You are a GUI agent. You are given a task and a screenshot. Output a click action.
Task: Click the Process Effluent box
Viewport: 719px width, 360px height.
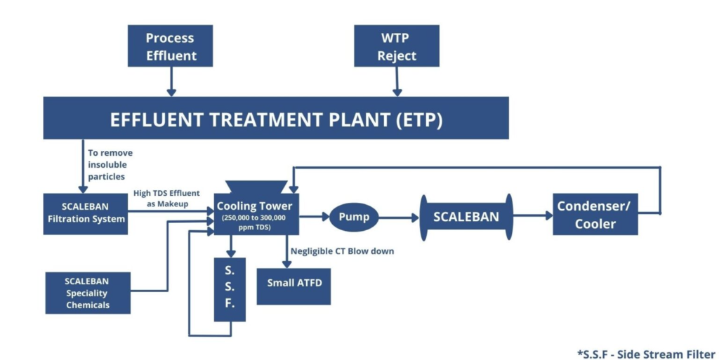click(x=170, y=46)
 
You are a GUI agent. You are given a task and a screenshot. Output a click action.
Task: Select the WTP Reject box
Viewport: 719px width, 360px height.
click(x=397, y=46)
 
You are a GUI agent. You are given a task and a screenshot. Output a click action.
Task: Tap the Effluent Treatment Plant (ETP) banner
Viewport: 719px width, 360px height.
click(x=276, y=119)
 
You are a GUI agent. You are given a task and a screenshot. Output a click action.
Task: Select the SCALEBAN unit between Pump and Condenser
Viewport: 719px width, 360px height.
click(x=466, y=217)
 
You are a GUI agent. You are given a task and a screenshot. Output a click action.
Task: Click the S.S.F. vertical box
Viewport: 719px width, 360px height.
click(x=230, y=289)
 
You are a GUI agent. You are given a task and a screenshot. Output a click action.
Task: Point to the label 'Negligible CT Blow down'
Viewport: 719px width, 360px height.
click(x=342, y=251)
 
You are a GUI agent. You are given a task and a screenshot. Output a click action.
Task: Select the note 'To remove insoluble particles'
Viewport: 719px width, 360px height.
click(x=110, y=163)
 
